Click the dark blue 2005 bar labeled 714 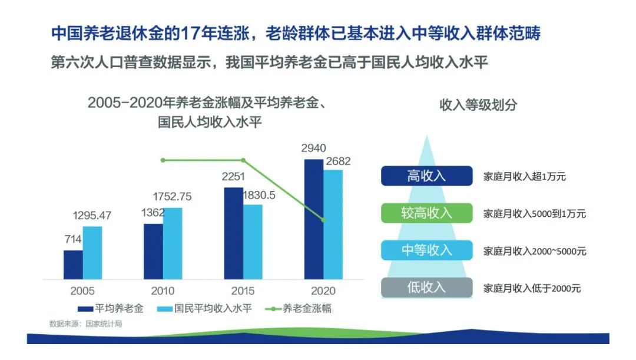[x=73, y=265]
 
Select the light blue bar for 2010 [x=173, y=243]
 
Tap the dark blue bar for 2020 [x=314, y=219]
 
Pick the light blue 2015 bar [x=253, y=242]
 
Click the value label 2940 [x=313, y=148]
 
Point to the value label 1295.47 [x=92, y=216]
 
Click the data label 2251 [x=233, y=177]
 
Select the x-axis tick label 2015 [x=243, y=291]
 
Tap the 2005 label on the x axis [x=82, y=291]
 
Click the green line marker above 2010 [x=163, y=160]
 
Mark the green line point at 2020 [x=323, y=220]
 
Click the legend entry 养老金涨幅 [x=298, y=309]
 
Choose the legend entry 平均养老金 [x=110, y=309]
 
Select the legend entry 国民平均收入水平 [x=204, y=309]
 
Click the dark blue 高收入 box [x=427, y=176]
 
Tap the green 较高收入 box [x=427, y=213]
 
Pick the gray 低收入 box [x=427, y=288]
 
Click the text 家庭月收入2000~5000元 [x=535, y=251]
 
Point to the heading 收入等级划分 [x=478, y=105]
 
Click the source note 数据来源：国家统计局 [x=85, y=324]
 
